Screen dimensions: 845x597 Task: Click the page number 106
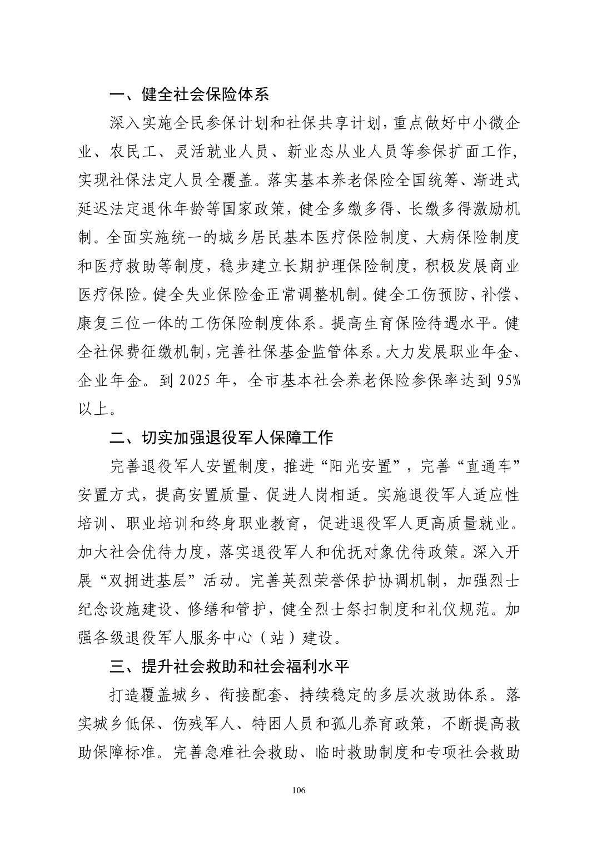(x=298, y=791)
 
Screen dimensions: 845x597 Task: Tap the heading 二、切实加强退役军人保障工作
(x=221, y=438)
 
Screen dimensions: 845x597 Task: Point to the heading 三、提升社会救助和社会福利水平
(x=229, y=665)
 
